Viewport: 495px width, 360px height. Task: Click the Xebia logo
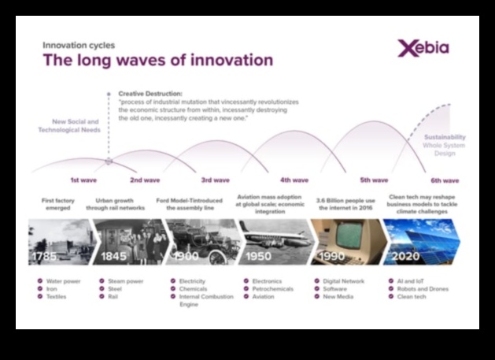coord(423,48)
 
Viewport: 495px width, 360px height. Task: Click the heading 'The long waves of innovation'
coord(157,60)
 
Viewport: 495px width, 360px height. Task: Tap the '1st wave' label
coord(83,180)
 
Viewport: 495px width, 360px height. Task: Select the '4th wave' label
coord(294,180)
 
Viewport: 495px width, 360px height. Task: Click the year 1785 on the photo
coord(44,258)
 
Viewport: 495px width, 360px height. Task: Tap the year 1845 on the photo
coord(113,258)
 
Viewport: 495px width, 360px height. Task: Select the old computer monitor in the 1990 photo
coord(346,236)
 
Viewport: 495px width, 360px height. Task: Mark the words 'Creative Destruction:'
coord(150,93)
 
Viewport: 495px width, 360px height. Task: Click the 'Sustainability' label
coord(445,137)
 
